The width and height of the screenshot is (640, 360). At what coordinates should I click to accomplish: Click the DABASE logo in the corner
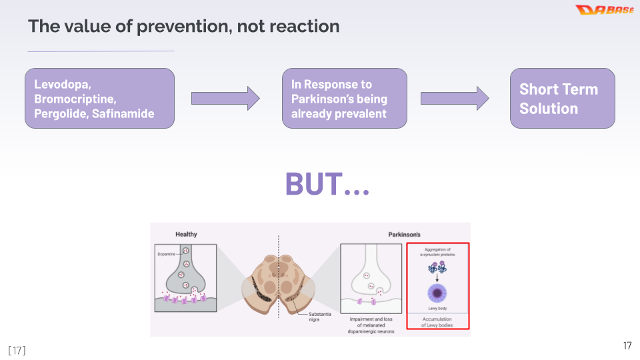[604, 10]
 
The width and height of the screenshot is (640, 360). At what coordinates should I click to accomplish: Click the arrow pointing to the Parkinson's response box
[225, 99]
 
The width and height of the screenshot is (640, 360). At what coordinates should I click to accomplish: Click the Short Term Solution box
[562, 99]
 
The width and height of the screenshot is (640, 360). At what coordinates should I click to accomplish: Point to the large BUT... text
[327, 184]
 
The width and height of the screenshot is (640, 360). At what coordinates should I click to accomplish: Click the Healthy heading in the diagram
[186, 234]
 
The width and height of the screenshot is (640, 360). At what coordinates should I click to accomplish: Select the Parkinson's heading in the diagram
[404, 234]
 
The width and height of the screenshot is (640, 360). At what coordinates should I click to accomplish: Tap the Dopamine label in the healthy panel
[166, 254]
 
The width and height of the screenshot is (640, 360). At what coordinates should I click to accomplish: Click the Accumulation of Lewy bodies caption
[437, 322]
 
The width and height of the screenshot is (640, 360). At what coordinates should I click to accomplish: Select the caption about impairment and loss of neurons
[372, 325]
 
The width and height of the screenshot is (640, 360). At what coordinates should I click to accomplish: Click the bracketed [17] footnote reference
[17, 350]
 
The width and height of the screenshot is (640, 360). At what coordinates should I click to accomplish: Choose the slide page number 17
[627, 345]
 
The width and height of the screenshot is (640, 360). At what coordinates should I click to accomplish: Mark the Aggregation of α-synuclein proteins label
[437, 252]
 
